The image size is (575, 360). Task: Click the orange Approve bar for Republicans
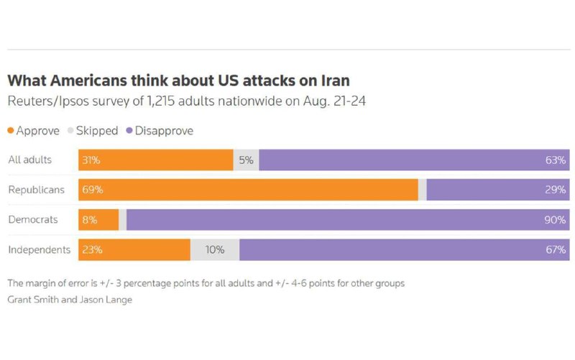coord(248,190)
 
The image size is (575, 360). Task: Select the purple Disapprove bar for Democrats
coord(348,220)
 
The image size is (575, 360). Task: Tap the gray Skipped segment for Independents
coord(215,250)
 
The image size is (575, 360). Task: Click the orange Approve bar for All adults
coord(156,160)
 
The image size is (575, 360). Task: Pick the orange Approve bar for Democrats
coord(98,220)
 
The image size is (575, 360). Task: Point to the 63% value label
coord(556,160)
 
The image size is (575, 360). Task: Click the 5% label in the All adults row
coord(246,160)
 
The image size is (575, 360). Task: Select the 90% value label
coord(555,220)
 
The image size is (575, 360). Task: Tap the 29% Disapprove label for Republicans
coord(556,190)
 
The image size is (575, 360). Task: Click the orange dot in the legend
coord(11,131)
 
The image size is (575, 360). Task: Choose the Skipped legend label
coord(97,131)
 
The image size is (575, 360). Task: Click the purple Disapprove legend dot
coord(129,131)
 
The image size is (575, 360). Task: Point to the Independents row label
coord(40,249)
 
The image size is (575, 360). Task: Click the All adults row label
coord(29,160)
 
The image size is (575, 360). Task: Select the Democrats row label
coord(33,220)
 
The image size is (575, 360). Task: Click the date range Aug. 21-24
coord(334,101)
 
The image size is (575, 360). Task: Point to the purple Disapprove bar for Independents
coord(405,250)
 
